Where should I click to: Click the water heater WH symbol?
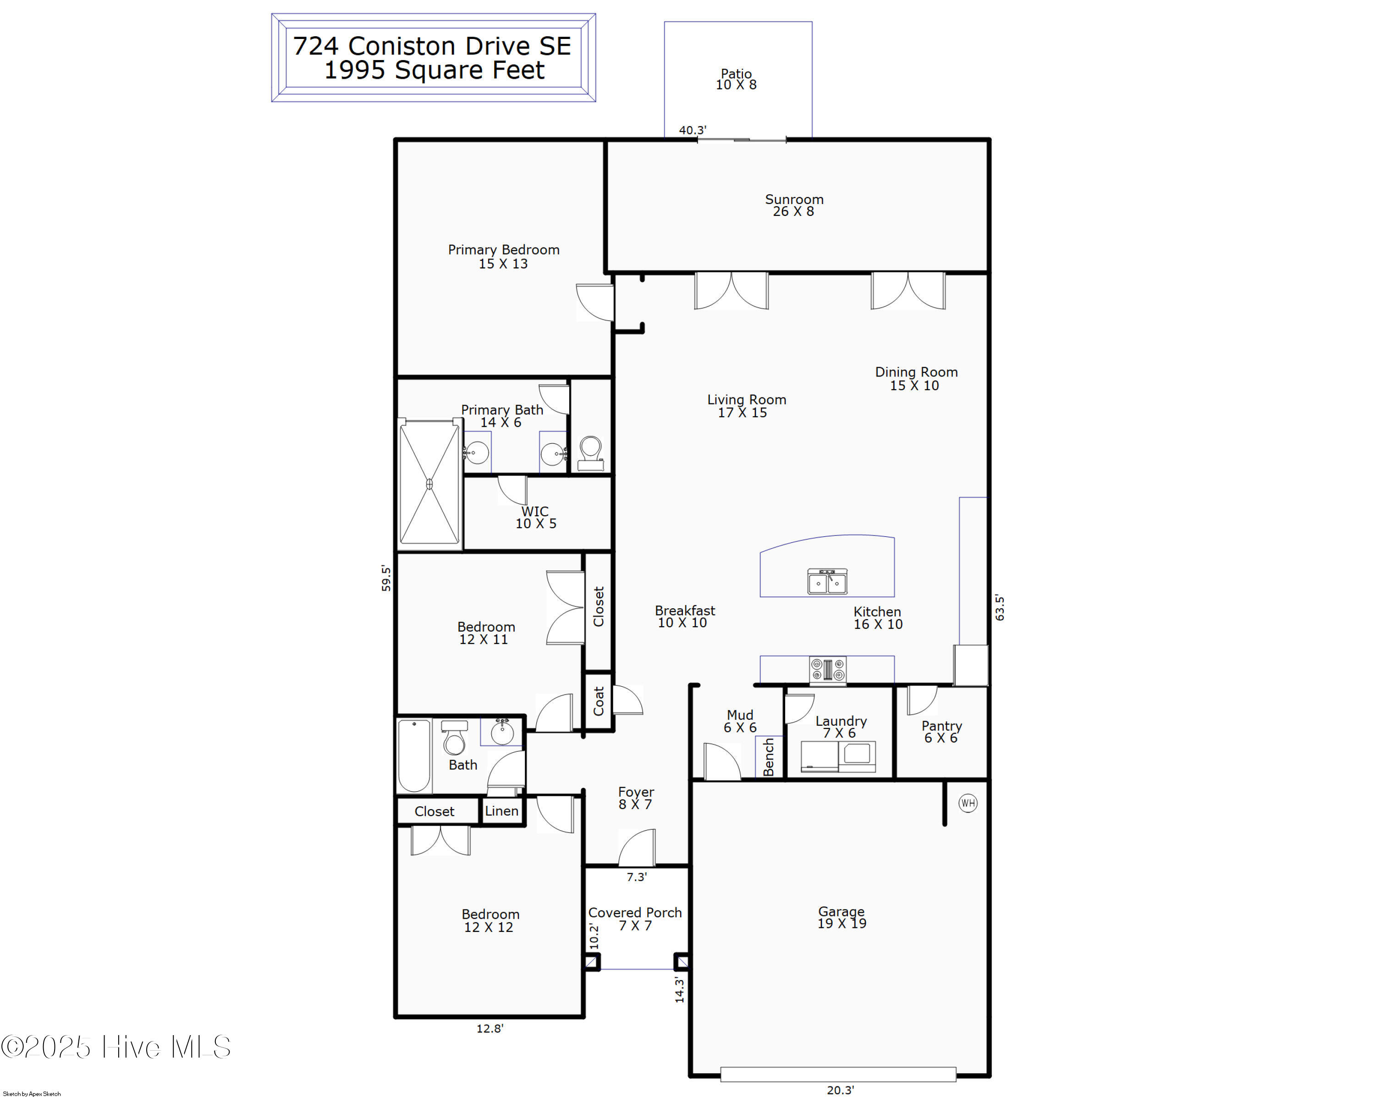[x=968, y=803]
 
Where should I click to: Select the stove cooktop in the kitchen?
[x=828, y=670]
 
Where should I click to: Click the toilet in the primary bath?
[x=590, y=453]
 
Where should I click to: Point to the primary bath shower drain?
[x=429, y=485]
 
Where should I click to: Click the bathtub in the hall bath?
[x=414, y=756]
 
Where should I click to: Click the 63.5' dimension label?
[x=999, y=608]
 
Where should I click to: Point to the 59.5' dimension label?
[x=386, y=578]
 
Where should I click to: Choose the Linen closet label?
[x=501, y=810]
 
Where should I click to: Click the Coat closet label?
[x=598, y=701]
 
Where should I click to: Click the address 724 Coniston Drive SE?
[x=432, y=46]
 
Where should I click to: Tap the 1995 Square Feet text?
[x=434, y=70]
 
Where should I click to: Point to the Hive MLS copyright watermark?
[x=115, y=1047]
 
